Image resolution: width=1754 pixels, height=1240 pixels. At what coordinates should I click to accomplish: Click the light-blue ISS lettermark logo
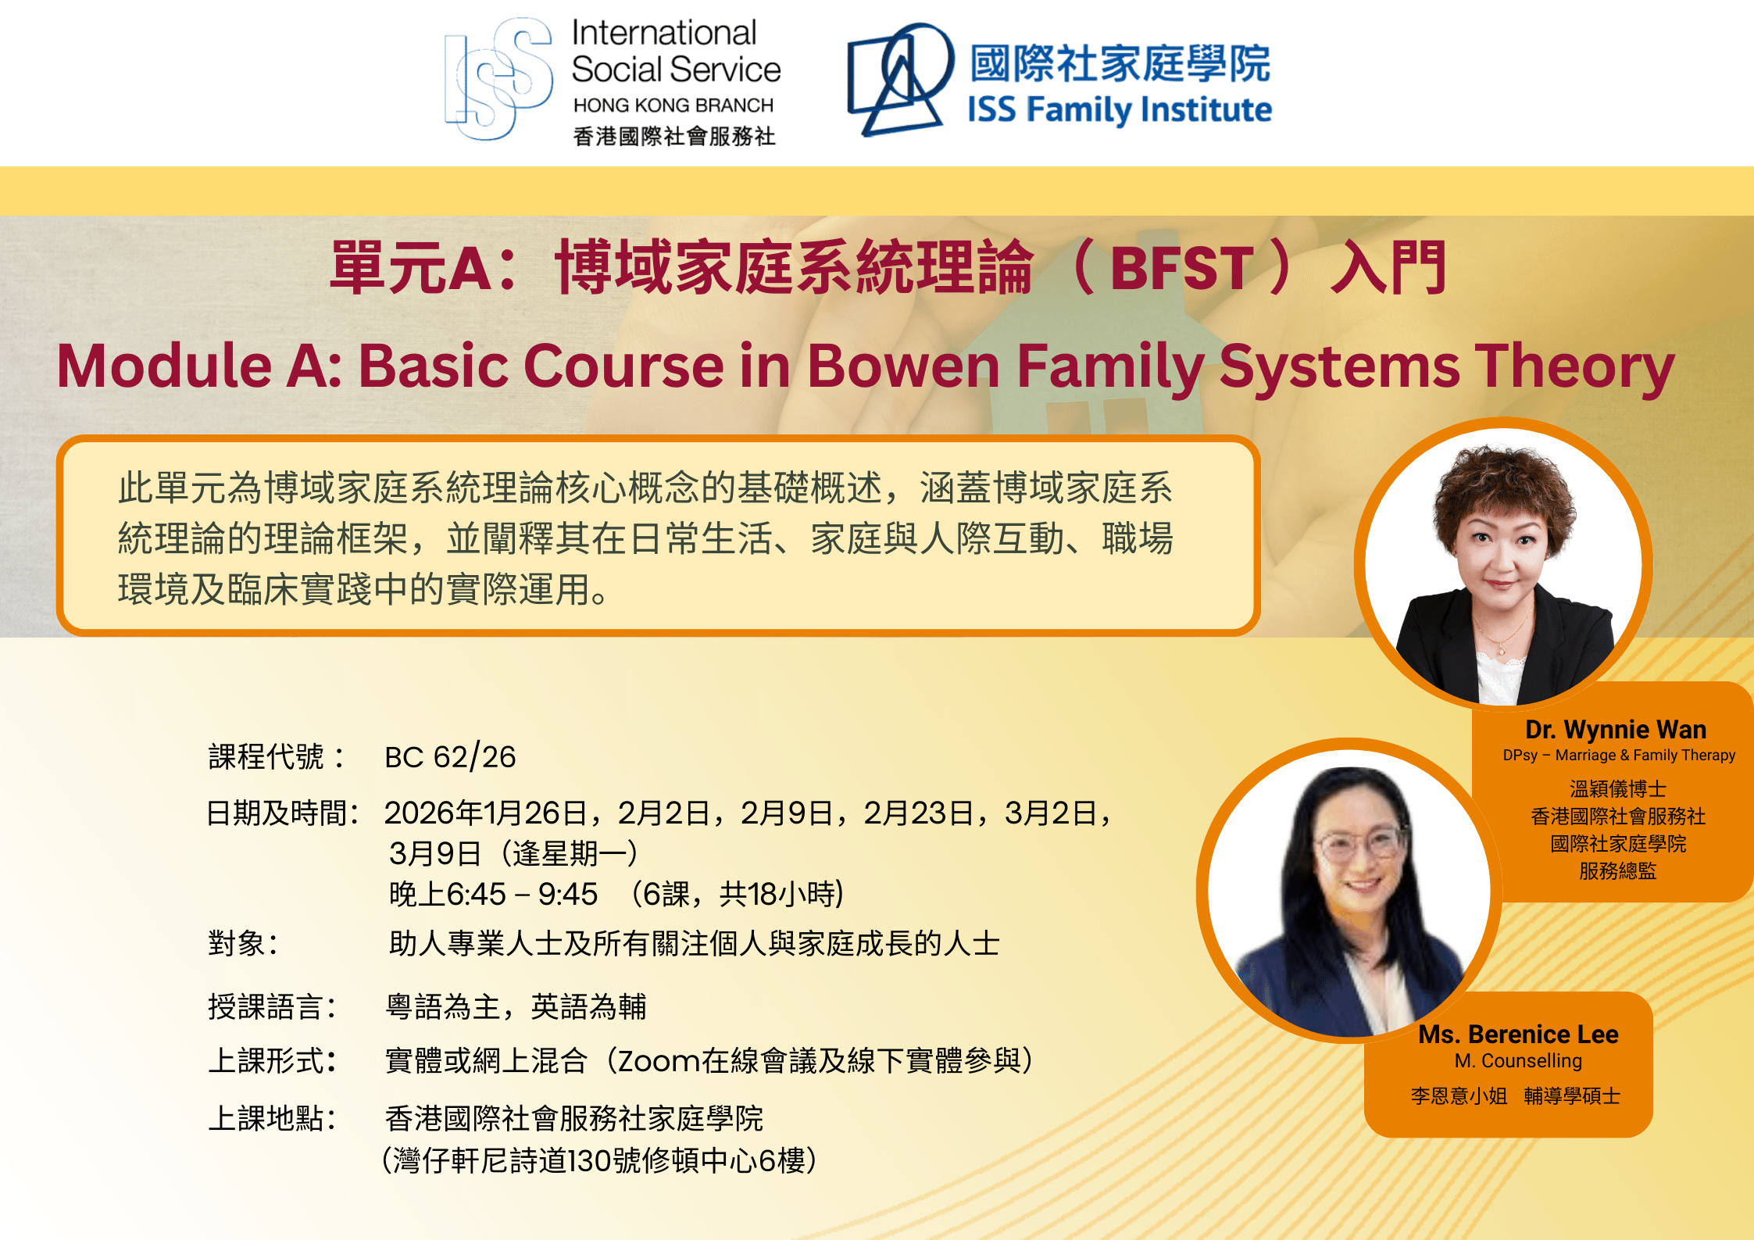498,79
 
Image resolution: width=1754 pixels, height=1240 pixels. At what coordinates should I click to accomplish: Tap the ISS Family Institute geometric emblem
901,78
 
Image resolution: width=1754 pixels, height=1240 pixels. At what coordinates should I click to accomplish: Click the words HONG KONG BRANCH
673,105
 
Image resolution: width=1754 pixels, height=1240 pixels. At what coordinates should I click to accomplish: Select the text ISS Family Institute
1120,109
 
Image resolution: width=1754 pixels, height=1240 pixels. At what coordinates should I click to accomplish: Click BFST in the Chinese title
1181,269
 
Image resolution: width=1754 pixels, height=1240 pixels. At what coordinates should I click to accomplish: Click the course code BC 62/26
450,757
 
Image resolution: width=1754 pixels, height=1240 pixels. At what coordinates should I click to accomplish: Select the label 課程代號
266,757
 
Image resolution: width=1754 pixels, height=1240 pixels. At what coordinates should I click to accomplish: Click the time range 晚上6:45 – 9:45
493,894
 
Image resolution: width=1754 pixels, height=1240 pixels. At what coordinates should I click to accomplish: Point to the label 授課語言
266,1006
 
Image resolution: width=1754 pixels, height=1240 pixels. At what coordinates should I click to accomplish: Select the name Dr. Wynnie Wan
1616,730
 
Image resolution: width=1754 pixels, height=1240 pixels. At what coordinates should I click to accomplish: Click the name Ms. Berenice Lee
1518,1035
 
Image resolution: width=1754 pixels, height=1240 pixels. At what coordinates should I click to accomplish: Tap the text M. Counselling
1518,1061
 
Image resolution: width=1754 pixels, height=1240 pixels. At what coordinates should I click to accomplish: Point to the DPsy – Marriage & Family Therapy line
1619,756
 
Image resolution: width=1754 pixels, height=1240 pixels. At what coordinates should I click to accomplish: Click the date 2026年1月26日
486,813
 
